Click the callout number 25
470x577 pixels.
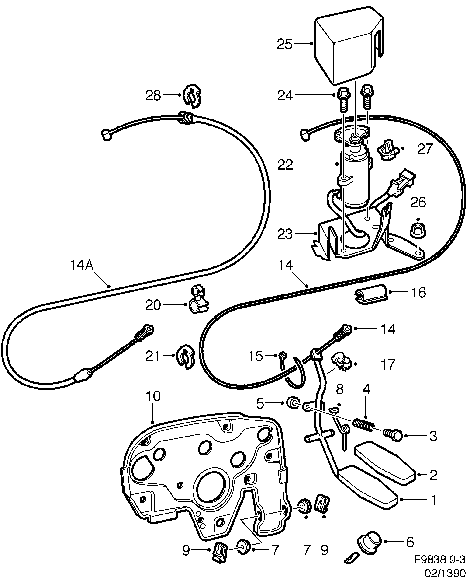point(285,44)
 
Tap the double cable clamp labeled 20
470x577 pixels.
point(198,299)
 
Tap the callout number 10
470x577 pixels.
point(153,396)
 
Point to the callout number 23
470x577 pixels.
point(285,234)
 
